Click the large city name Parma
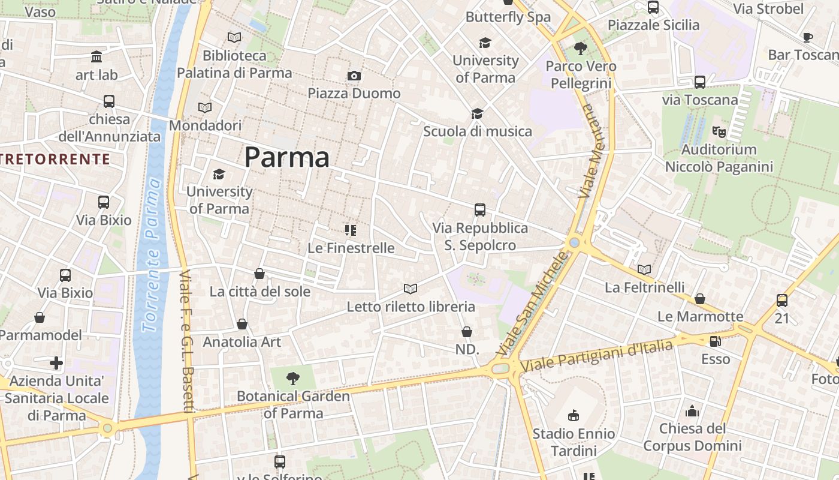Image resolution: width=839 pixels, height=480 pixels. coord(287,157)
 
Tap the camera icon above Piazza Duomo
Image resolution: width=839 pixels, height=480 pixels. coord(354,76)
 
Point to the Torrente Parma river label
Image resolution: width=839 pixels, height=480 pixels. coord(152,255)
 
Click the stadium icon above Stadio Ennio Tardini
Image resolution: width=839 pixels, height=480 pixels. coord(574,415)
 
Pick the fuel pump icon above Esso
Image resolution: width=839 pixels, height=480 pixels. coord(715,341)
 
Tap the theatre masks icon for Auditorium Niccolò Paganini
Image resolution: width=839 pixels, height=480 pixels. coord(719,131)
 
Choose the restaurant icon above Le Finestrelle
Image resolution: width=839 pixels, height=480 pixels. coord(351,230)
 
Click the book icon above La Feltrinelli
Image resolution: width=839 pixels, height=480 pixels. coord(644,270)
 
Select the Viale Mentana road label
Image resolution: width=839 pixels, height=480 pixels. coord(592,151)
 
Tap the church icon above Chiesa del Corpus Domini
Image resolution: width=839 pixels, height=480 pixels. coord(692,411)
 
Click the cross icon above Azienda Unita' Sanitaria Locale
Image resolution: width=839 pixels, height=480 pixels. coord(56,363)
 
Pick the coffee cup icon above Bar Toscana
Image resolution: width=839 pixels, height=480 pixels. coord(808,37)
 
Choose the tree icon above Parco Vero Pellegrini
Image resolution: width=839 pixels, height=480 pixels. coord(580,48)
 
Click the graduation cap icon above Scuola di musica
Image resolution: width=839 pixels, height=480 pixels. coord(477,113)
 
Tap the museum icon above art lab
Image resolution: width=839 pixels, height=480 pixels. coord(96,57)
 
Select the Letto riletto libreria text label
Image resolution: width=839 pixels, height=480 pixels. coord(411,307)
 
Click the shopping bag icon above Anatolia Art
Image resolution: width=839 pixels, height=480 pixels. coord(242,324)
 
